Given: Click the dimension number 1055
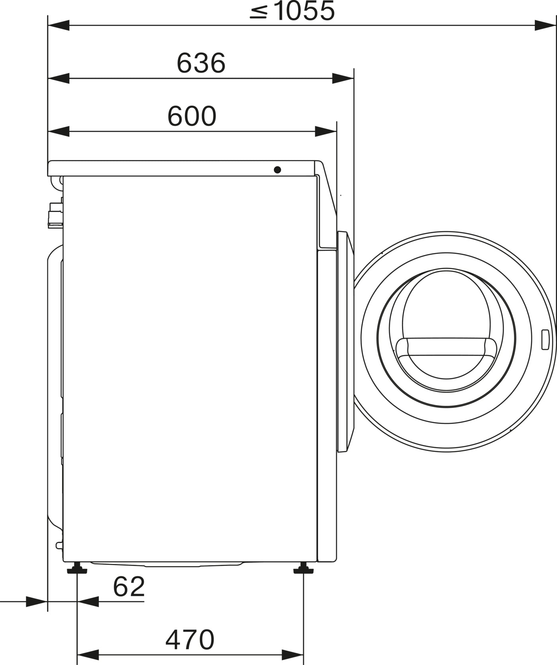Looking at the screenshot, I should tap(304, 11).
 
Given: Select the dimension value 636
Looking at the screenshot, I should tap(201, 63).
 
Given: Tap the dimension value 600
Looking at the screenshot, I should tap(192, 116).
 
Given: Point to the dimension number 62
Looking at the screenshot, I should tap(129, 587).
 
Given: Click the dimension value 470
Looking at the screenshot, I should tap(190, 640).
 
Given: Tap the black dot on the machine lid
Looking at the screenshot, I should tap(277, 170).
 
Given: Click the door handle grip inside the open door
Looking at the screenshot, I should tap(446, 346).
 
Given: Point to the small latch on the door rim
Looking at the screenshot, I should tap(545, 340).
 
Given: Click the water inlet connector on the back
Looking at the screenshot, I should tap(55, 215).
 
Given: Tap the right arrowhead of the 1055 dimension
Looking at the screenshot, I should tap(544, 25).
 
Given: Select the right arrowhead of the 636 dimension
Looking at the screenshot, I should tap(342, 78).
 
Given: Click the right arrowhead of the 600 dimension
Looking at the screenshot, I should tap(325, 131).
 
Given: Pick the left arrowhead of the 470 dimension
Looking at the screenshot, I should tap(88, 655).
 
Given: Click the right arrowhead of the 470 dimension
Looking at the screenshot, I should tap(293, 655).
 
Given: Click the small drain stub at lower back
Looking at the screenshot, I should tap(59, 545).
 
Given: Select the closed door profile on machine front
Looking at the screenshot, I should tap(345, 342).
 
